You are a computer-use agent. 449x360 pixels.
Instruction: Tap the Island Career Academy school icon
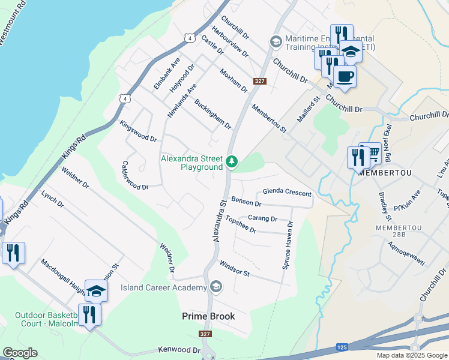(x=215, y=287)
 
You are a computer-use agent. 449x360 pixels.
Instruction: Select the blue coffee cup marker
(x=345, y=77)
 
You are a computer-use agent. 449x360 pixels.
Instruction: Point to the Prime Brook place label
(x=208, y=316)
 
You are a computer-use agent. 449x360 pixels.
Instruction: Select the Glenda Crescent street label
(x=287, y=193)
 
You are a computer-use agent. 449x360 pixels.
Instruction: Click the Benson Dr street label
(x=246, y=203)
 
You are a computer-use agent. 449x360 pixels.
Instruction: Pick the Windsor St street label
(x=234, y=268)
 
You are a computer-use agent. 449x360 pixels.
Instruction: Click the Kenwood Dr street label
(x=179, y=350)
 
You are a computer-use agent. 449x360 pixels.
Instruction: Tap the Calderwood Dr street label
(x=134, y=176)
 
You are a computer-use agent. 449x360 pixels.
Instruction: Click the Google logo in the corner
(x=20, y=353)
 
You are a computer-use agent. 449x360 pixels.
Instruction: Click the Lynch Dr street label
(x=52, y=199)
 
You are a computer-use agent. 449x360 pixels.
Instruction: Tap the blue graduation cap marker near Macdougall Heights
(x=96, y=292)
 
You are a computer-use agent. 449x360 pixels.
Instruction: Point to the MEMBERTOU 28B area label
(x=395, y=232)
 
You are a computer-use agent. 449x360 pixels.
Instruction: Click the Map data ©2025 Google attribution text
(x=412, y=355)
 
